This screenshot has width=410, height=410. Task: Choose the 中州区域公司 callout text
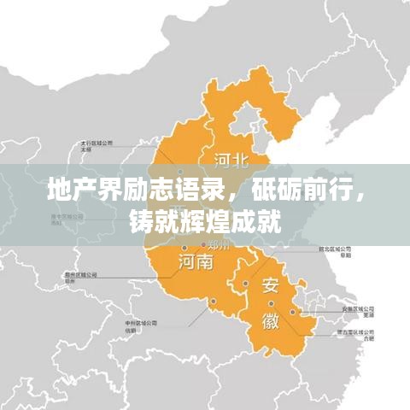coord(139,325)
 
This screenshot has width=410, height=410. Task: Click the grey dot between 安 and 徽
coord(246,284)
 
